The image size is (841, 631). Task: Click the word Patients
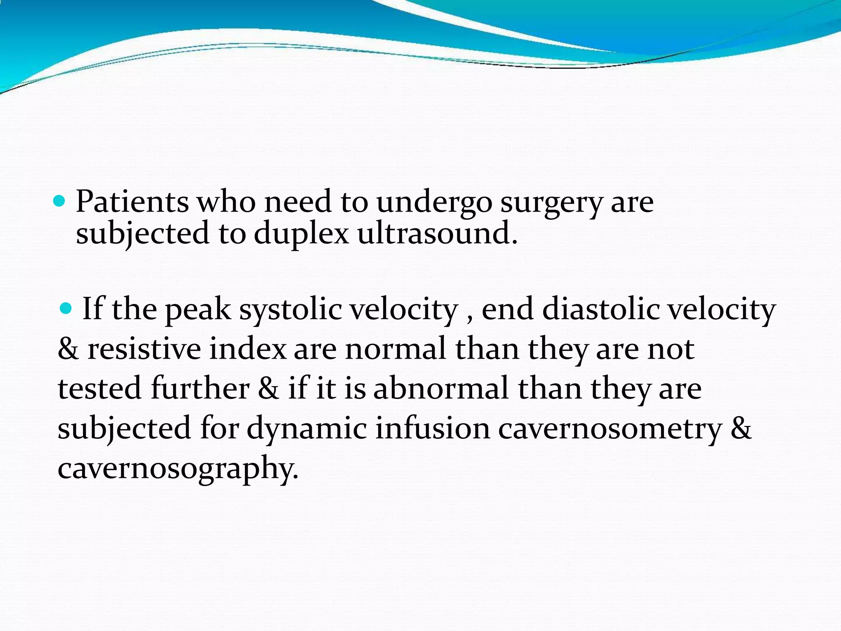[x=132, y=202]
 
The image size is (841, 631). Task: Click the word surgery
[x=551, y=204]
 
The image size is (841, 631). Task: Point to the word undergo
[x=434, y=204]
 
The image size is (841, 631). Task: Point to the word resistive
[x=144, y=349]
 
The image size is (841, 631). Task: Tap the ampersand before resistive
[x=68, y=349]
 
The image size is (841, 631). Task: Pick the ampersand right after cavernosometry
[x=741, y=428]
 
